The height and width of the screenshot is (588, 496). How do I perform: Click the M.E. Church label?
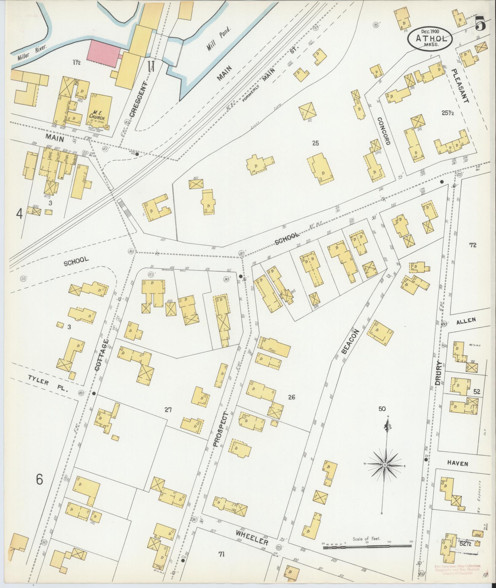tap(97, 115)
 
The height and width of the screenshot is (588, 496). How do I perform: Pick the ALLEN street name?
tap(466, 321)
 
